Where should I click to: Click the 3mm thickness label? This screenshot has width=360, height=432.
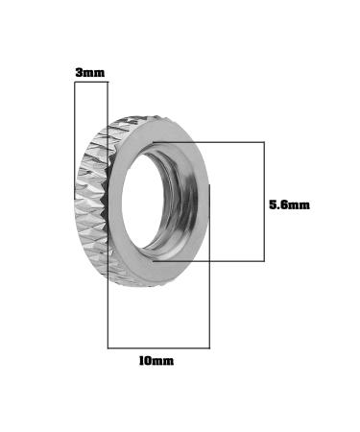tap(89, 73)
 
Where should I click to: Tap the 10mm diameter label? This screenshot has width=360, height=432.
tap(156, 361)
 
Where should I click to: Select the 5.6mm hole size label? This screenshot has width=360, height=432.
tap(289, 204)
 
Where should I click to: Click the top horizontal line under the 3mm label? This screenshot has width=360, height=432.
tap(91, 83)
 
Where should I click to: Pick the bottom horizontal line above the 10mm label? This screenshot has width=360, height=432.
tap(158, 348)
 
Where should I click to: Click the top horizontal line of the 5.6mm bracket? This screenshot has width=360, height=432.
tap(211, 143)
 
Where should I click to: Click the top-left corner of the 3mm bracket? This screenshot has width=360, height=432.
tap(75, 83)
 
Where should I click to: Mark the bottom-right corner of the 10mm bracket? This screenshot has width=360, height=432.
tap(209, 348)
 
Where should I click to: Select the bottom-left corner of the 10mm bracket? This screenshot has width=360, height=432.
tap(108, 348)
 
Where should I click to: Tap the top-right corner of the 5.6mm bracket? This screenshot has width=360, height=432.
tap(264, 143)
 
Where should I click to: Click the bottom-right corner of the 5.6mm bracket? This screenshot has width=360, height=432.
tap(264, 260)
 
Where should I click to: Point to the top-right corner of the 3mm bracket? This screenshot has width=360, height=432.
tap(108, 83)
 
